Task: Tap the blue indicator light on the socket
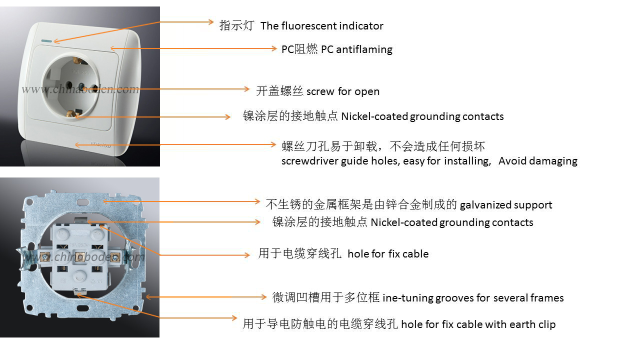[46, 41]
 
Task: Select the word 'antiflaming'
[364, 49]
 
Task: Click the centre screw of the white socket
[81, 85]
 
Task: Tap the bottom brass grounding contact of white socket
[73, 113]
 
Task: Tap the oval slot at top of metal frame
[83, 202]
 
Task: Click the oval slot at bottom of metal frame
[83, 308]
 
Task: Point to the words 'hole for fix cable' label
[388, 254]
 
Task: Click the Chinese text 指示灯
[236, 25]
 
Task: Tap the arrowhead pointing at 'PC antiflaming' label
[274, 48]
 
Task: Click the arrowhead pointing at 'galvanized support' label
[257, 201]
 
